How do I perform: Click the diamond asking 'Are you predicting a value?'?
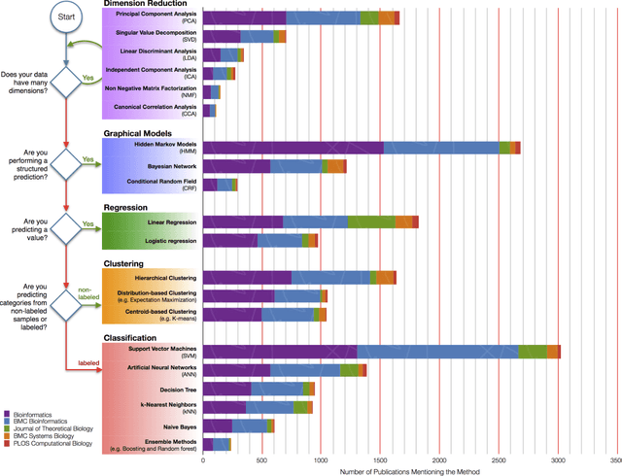65,229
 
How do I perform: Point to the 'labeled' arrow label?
90,364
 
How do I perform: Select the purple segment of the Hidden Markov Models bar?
294,148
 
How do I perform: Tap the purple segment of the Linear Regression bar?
243,222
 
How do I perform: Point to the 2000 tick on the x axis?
439,460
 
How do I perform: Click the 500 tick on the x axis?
261,460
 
